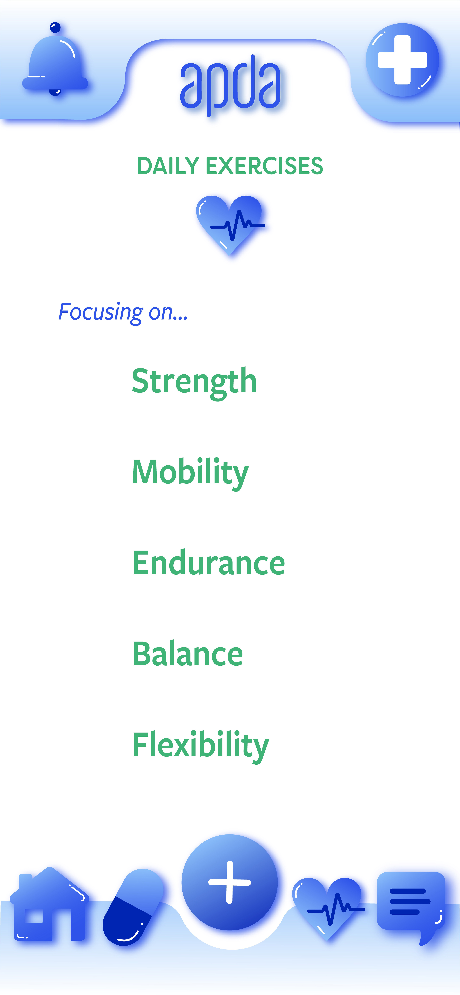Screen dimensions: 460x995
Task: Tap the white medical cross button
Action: point(402,60)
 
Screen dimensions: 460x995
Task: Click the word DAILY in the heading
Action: point(168,166)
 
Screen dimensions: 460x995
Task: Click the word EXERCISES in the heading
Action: point(264,166)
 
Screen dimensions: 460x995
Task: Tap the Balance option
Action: point(187,654)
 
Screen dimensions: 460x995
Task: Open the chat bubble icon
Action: point(411,908)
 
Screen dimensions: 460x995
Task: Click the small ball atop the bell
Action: point(55,27)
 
